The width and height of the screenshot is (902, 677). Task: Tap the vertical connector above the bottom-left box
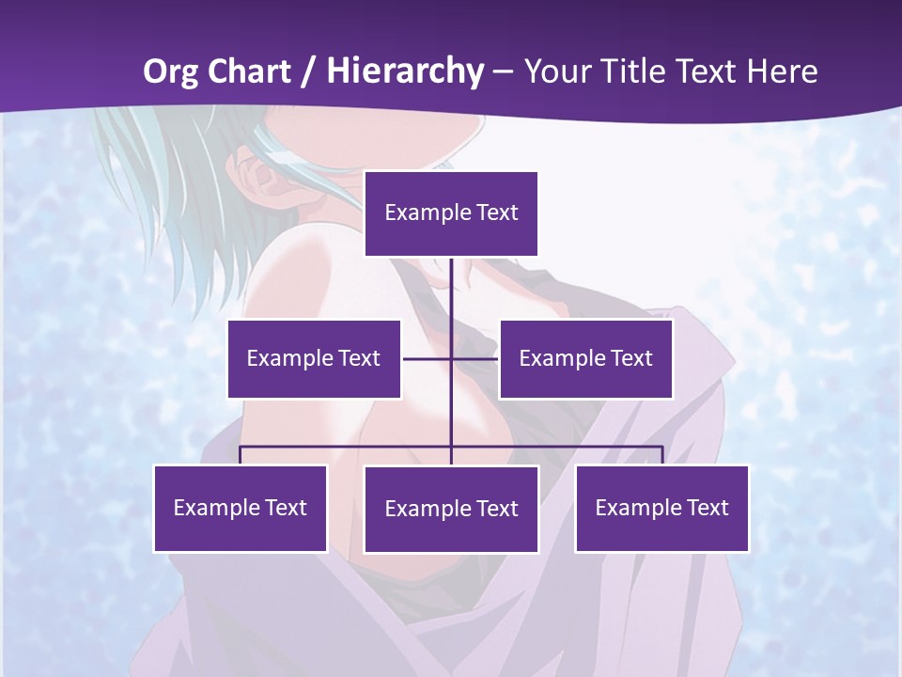point(241,455)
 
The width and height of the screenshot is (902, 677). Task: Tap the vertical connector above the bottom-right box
point(662,455)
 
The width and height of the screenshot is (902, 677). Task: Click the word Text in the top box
point(497,213)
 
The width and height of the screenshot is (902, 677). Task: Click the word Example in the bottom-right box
point(633,508)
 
